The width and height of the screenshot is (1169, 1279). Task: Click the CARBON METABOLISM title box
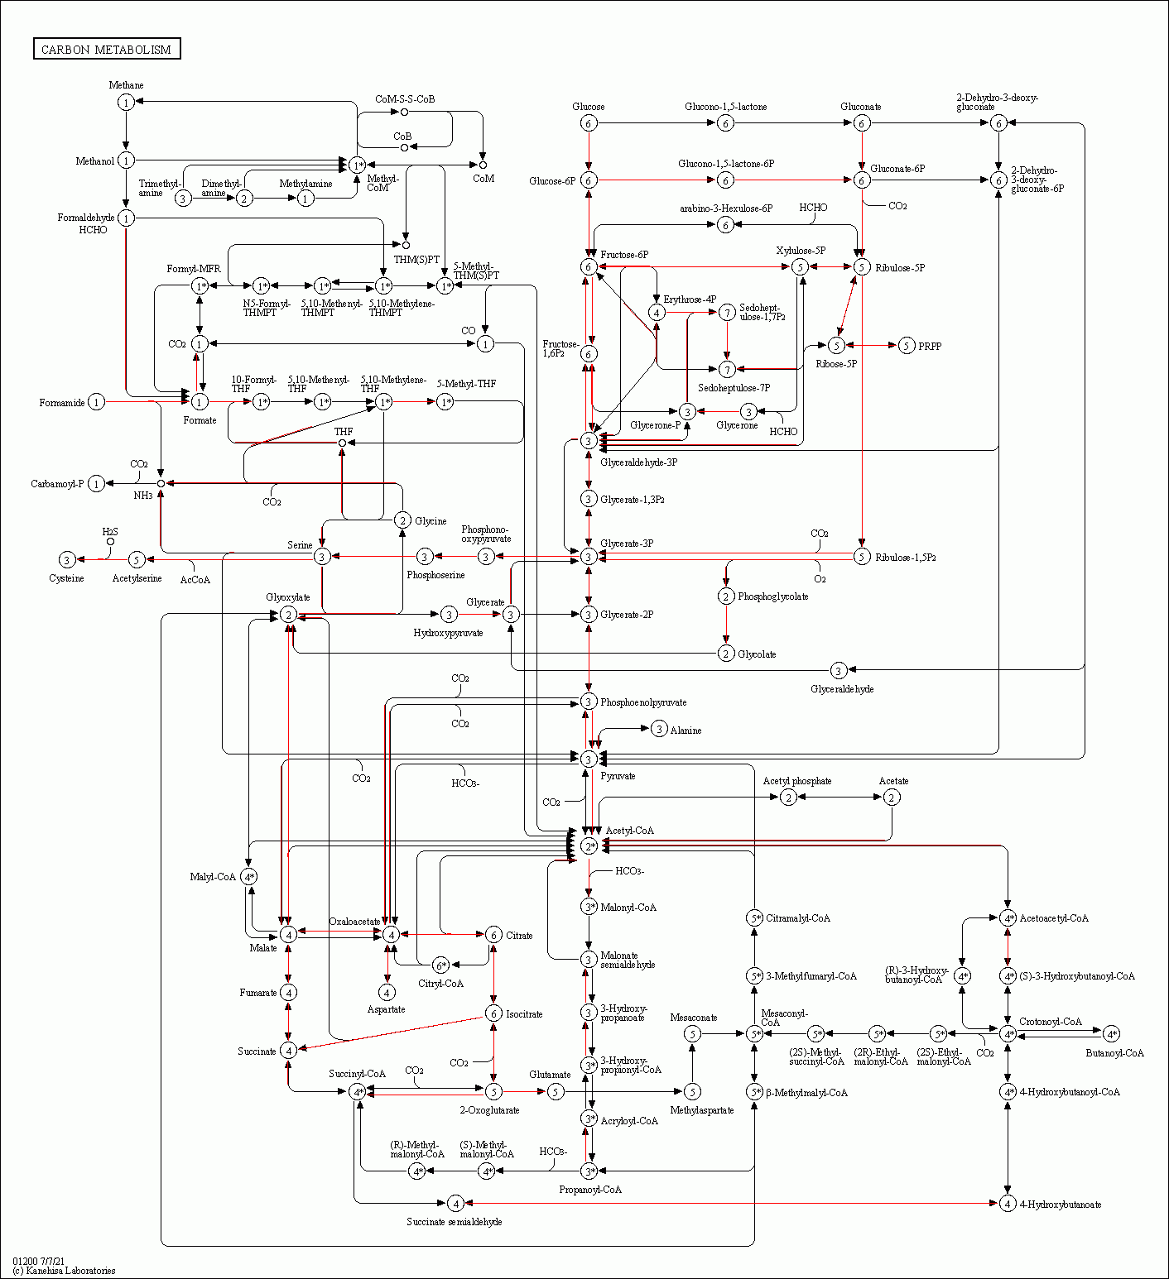(107, 49)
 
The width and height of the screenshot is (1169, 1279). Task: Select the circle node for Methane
(126, 102)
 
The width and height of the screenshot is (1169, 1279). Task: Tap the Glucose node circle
(589, 123)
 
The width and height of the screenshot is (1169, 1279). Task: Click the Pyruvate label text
(618, 776)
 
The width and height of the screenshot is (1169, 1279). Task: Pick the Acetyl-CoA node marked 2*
(589, 845)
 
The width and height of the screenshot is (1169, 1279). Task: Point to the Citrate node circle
(493, 935)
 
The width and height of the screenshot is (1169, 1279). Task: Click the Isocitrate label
(524, 1013)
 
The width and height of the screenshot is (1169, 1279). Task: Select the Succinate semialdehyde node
(455, 1203)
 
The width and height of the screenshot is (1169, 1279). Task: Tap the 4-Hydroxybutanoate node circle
(1008, 1203)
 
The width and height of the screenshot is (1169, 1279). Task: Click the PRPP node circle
(907, 345)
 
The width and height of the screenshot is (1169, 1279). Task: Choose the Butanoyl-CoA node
(1111, 1033)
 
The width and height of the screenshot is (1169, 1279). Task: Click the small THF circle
(342, 443)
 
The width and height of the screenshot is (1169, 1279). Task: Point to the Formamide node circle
(97, 402)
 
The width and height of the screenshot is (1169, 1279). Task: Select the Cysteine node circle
(67, 560)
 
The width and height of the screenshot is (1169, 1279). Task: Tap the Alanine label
(686, 731)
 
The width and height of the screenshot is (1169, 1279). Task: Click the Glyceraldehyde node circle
(838, 670)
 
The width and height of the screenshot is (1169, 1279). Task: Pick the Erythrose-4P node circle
(657, 312)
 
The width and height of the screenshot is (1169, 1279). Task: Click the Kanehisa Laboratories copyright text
(64, 1271)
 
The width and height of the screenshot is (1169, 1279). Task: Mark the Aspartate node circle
(387, 992)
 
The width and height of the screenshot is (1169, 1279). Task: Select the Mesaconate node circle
(693, 1033)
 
